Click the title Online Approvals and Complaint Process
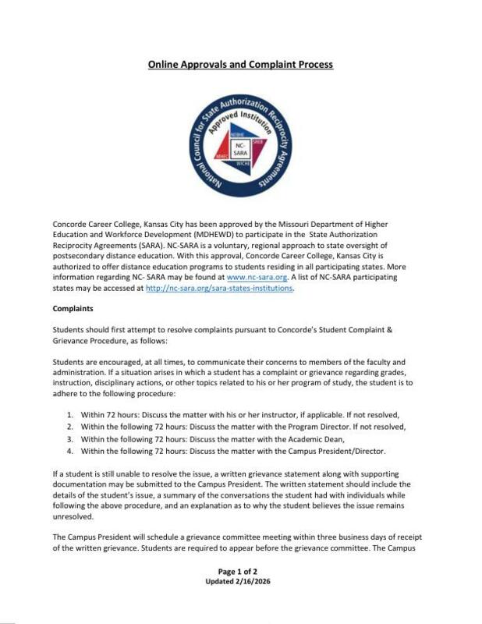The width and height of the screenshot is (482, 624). click(x=240, y=64)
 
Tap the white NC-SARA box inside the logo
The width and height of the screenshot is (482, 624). click(x=240, y=149)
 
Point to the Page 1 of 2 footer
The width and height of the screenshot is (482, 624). click(x=240, y=572)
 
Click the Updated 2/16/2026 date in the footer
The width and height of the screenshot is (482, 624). click(x=240, y=582)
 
